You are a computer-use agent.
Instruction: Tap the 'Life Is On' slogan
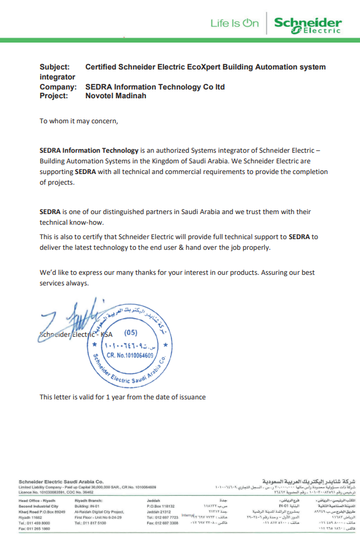click(x=235, y=23)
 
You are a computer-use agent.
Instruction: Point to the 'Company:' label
click(x=58, y=87)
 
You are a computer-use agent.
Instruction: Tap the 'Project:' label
click(x=54, y=96)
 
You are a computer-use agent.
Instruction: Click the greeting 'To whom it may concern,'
click(x=78, y=121)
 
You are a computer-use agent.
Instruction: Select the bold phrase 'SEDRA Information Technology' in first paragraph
click(x=89, y=151)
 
